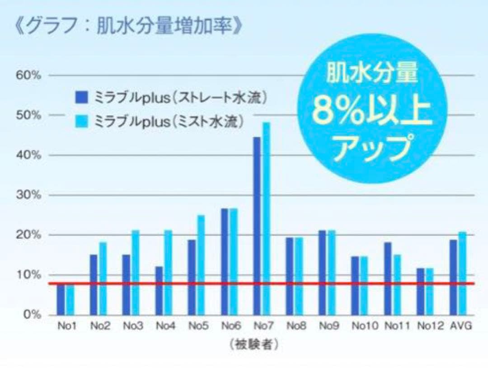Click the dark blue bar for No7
(257, 226)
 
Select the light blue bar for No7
(266, 219)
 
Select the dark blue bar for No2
(94, 285)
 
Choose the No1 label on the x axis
(66, 326)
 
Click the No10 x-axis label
(362, 326)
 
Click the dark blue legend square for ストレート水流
(81, 96)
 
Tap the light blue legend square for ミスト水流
(81, 120)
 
